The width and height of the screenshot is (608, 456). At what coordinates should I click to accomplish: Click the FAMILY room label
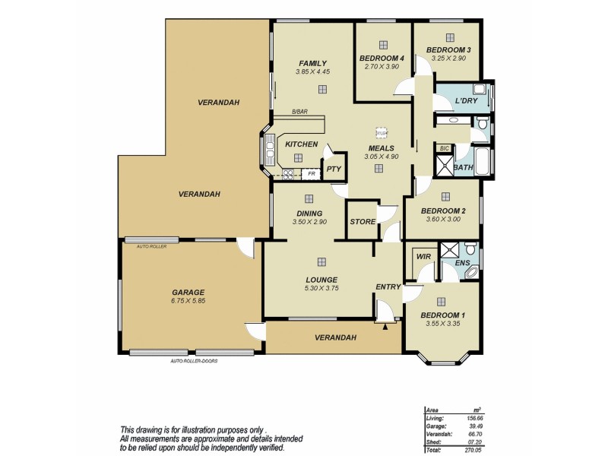tap(312, 63)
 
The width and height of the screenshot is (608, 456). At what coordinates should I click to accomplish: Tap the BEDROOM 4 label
tap(382, 59)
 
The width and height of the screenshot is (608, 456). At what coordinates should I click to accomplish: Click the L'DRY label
tap(466, 101)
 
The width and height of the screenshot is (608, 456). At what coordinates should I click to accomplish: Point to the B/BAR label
tap(299, 112)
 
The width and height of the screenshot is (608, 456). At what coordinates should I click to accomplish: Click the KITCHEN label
tap(301, 144)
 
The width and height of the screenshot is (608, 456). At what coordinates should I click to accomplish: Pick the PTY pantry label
tap(333, 169)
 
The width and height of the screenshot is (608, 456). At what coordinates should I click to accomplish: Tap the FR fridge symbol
tap(310, 174)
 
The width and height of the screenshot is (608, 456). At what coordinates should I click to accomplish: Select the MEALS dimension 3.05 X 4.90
tap(381, 157)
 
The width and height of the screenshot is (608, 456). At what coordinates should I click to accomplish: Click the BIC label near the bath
tap(445, 148)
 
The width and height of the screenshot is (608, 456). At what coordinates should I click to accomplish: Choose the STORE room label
tap(363, 222)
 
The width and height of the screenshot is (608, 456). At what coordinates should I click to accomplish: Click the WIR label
tap(424, 257)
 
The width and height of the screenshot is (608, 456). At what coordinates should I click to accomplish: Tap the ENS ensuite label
tap(462, 263)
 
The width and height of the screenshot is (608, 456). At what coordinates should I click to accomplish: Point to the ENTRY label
tap(388, 287)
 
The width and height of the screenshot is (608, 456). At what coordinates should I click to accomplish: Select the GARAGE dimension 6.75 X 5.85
tap(188, 301)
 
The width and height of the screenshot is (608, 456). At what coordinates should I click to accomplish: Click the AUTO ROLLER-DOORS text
tap(194, 361)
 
